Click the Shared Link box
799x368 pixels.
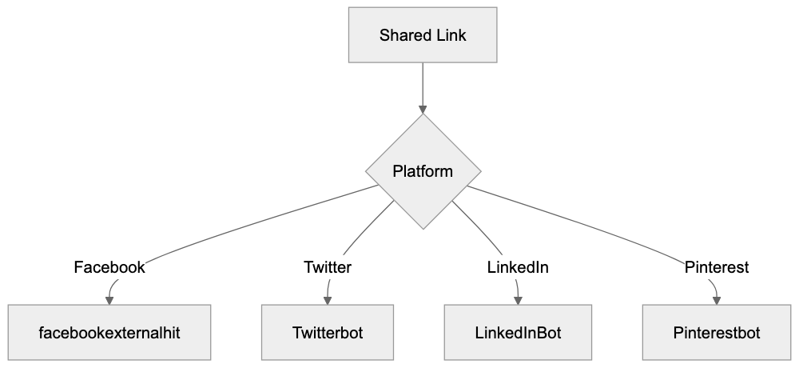pos(423,35)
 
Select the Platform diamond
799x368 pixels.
pos(423,171)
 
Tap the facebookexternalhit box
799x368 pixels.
pos(110,333)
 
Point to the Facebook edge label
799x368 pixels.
pos(109,268)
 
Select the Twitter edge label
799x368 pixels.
pos(328,268)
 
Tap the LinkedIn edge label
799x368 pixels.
pos(518,268)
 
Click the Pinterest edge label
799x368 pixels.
pos(717,268)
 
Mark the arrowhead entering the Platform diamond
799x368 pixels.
pos(423,109)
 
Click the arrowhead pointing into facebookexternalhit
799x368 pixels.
pos(110,300)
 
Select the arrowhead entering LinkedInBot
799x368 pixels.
pos(519,300)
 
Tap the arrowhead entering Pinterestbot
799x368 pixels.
pos(716,300)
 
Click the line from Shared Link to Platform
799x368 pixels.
pos(423,84)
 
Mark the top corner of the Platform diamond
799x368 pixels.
pos(423,115)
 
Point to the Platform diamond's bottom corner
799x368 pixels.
pos(423,228)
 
